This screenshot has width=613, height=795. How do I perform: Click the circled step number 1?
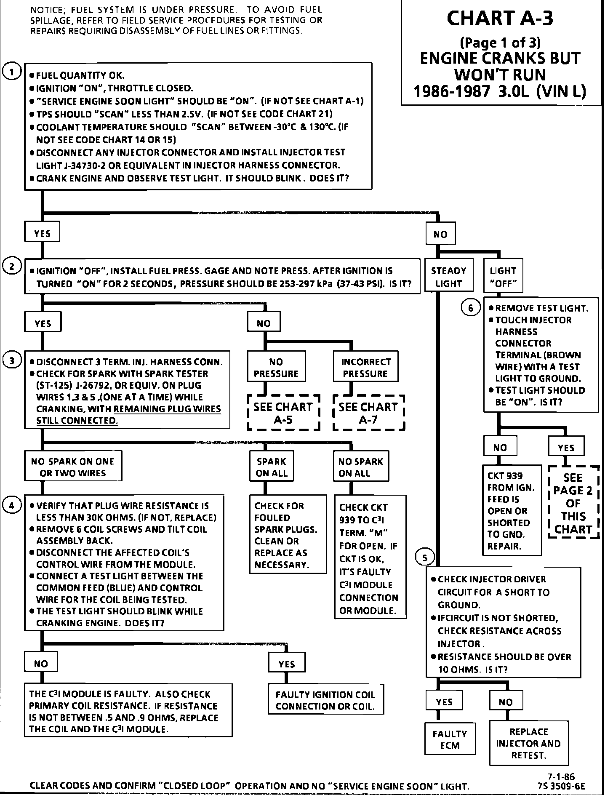pos(12,72)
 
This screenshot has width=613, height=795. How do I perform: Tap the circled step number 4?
pos(12,506)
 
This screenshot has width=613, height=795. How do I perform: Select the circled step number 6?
pos(471,308)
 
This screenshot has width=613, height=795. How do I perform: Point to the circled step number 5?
pos(425,558)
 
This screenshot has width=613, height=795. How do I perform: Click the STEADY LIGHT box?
pos(448,277)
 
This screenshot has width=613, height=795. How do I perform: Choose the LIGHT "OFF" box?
pos(503,277)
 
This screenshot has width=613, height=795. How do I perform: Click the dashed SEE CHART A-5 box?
pos(283,413)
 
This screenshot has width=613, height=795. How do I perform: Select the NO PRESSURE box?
pos(276,367)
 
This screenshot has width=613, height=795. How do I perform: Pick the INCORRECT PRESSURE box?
pos(365,367)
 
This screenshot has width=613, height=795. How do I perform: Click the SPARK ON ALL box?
pos(271,467)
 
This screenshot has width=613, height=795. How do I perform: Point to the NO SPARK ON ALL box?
pos(360,467)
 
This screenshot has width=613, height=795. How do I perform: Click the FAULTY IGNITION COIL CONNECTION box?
pos(326,701)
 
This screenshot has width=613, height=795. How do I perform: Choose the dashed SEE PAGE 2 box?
pos(573,503)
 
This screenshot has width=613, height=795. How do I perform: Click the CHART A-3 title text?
pos(499,19)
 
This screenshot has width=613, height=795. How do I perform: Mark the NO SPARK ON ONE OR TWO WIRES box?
pos(73,467)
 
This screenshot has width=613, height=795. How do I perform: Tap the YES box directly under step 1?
pos(42,233)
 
